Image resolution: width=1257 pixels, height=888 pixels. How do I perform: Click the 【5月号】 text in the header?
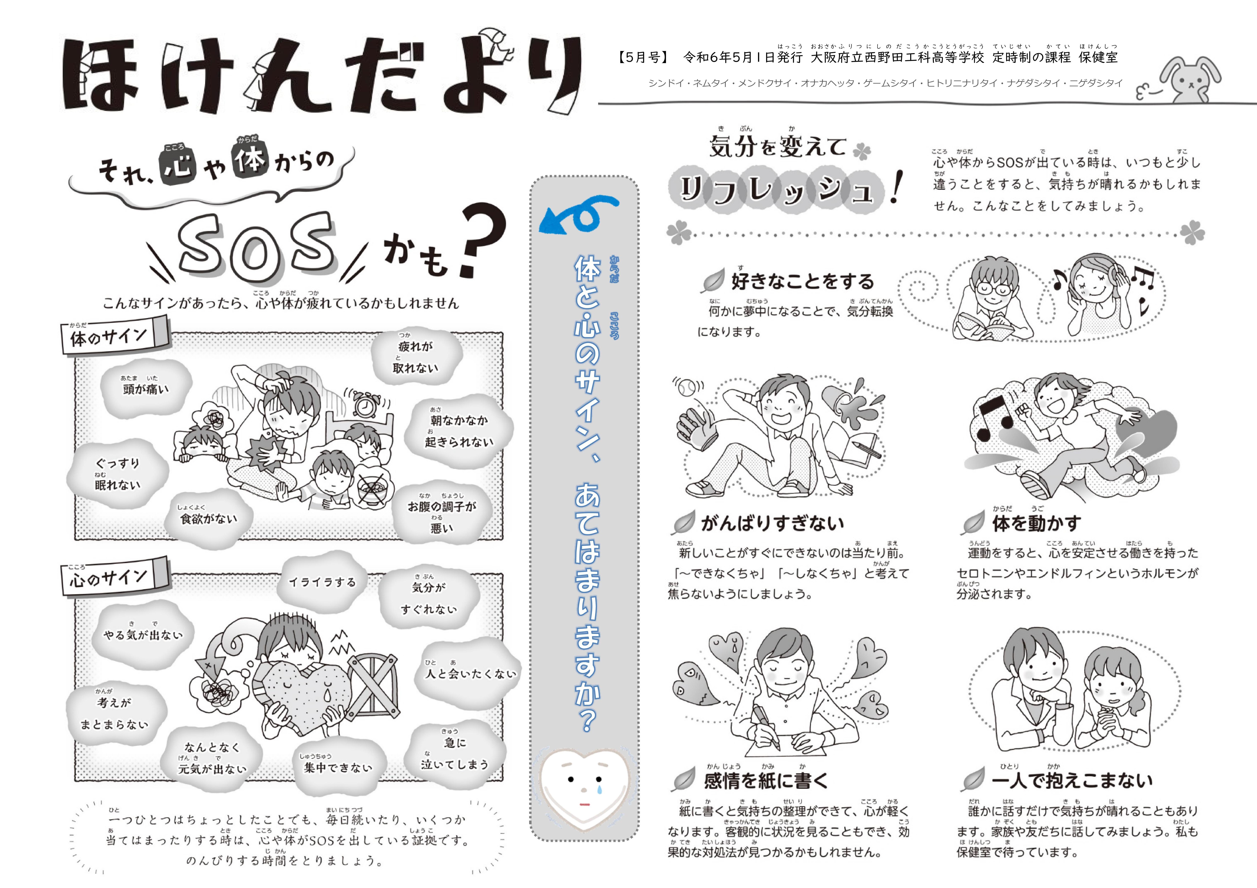pyautogui.click(x=643, y=57)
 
